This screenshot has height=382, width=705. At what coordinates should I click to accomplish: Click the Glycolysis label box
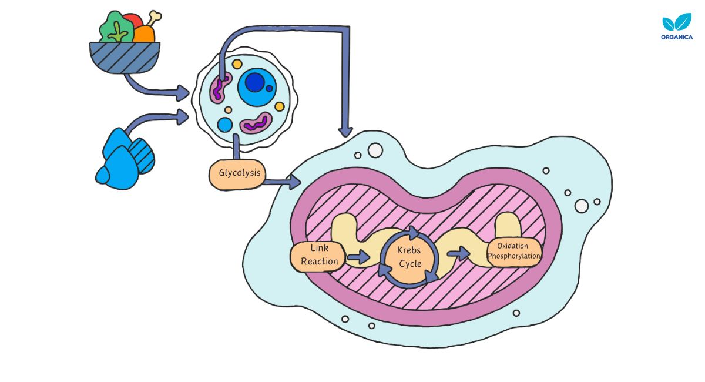click(236, 175)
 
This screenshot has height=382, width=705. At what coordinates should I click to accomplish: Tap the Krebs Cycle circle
click(409, 257)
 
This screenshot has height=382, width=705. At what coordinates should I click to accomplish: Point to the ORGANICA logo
click(676, 28)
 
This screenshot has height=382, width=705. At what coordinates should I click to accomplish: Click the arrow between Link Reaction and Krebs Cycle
click(358, 257)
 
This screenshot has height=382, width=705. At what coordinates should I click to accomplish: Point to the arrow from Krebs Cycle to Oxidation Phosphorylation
click(458, 254)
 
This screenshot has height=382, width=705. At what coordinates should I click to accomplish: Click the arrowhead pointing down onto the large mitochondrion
click(345, 130)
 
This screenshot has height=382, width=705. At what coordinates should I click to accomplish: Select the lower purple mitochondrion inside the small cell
click(255, 125)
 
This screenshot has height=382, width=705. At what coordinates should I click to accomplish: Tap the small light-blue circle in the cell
click(225, 125)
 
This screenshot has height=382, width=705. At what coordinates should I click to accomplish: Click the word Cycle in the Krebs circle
click(410, 264)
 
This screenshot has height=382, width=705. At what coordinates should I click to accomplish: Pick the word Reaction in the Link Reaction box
click(320, 262)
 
